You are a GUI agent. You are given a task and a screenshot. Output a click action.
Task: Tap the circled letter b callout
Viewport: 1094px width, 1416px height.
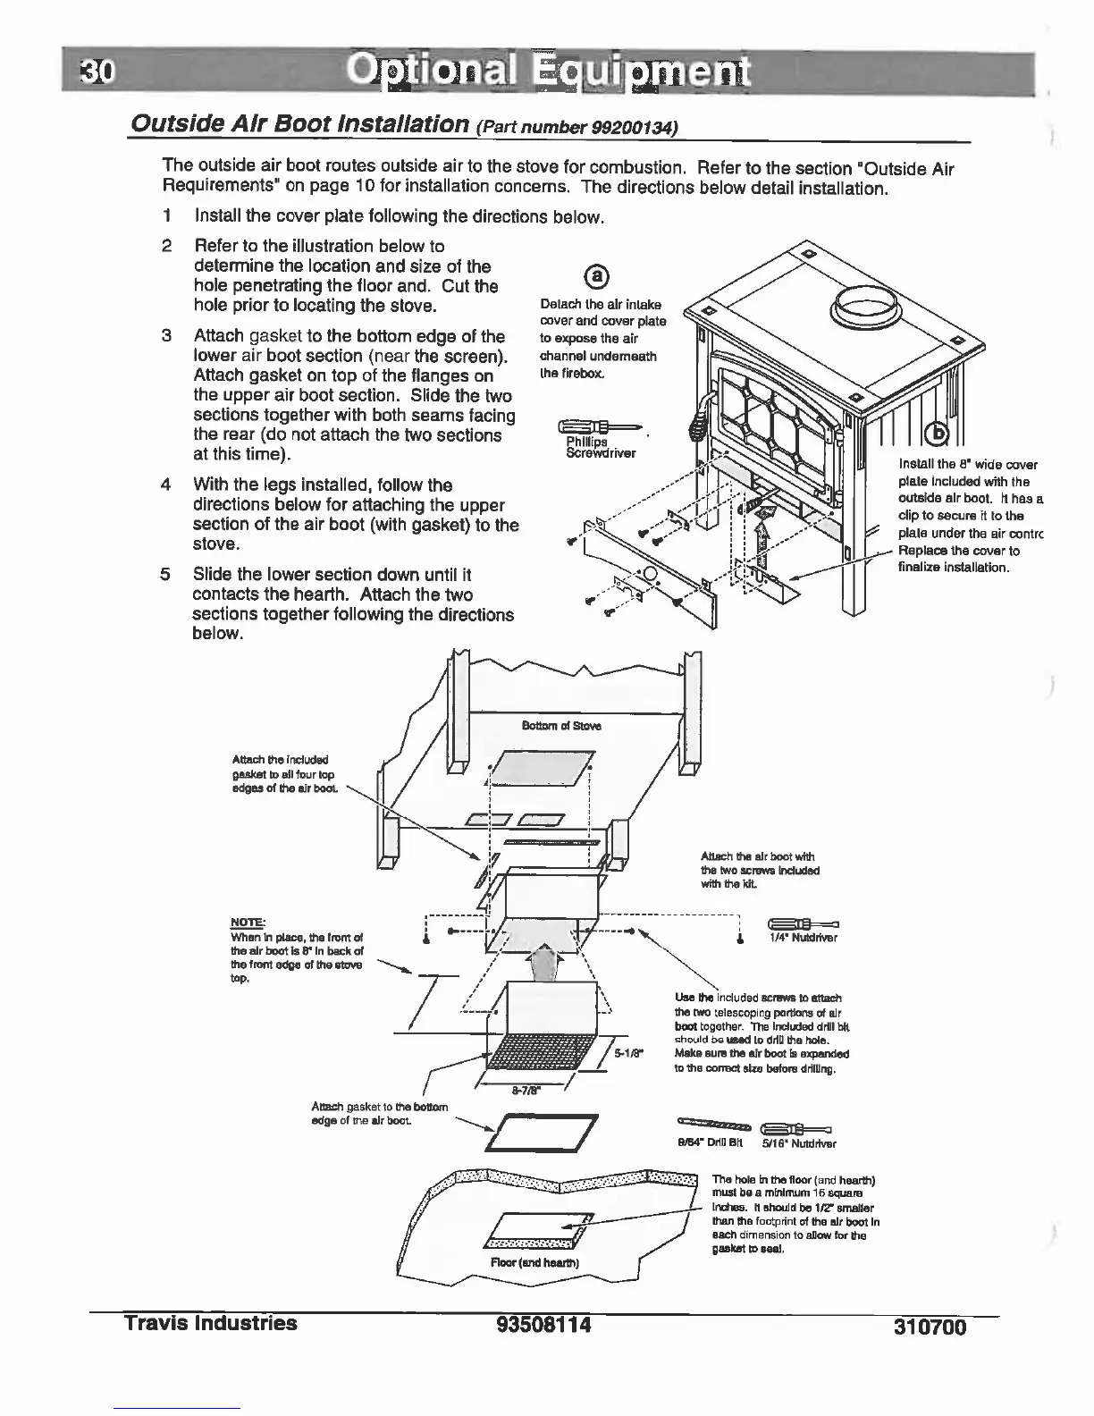click(x=938, y=433)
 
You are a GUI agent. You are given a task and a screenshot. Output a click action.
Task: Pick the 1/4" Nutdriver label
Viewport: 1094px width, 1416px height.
click(x=804, y=938)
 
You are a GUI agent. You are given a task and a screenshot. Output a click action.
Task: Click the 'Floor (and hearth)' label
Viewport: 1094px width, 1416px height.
click(x=535, y=1263)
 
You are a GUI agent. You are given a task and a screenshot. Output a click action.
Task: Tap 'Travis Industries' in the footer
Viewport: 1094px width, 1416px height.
click(x=211, y=1323)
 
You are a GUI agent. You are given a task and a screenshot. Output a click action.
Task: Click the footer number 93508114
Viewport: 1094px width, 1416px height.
click(x=544, y=1324)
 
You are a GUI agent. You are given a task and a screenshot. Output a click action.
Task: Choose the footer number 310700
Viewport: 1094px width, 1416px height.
click(x=930, y=1327)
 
